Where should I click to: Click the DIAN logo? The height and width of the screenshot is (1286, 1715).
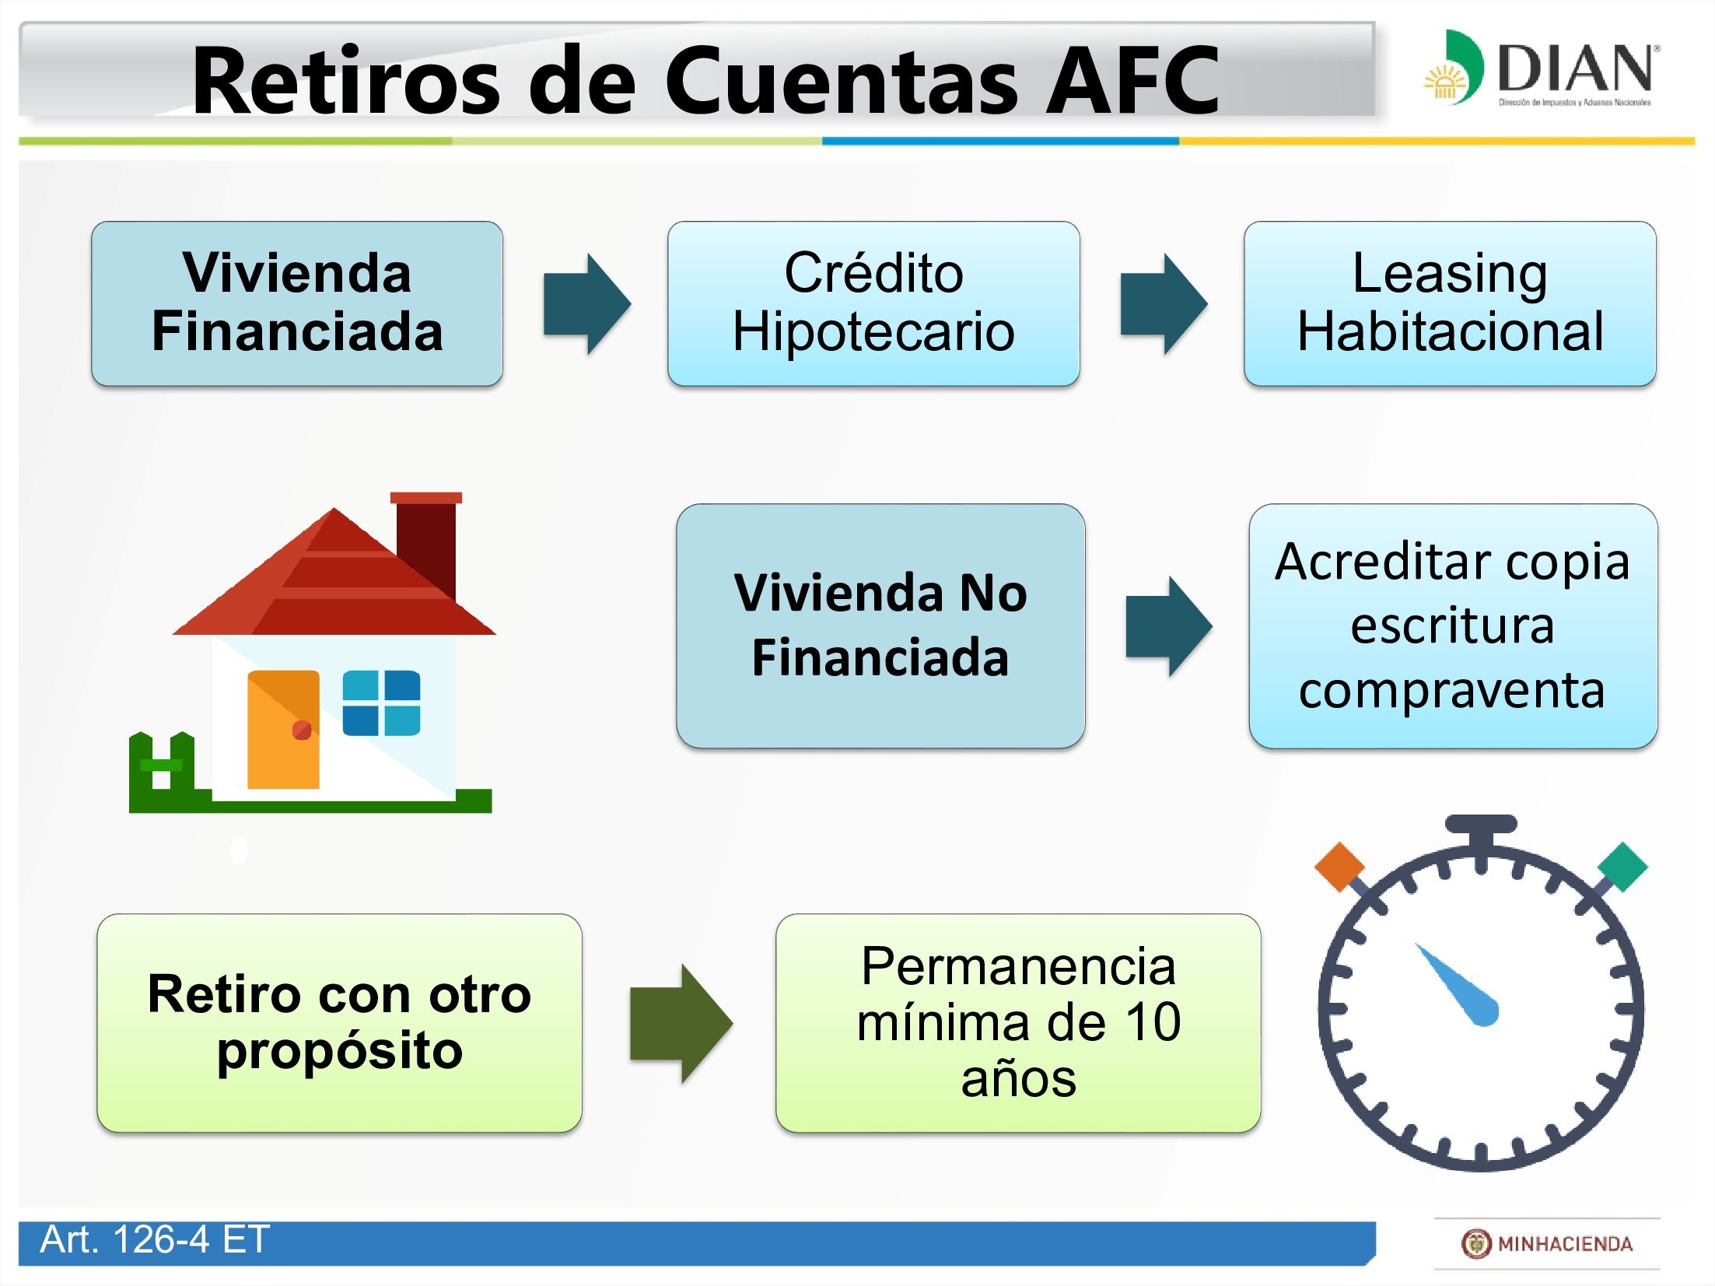point(1540,68)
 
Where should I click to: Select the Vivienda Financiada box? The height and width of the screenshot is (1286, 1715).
point(297,303)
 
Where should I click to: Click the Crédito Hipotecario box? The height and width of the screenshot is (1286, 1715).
point(873,303)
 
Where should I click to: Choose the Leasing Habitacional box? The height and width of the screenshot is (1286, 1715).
point(1449,303)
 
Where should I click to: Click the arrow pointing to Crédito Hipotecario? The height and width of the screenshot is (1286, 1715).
point(586,303)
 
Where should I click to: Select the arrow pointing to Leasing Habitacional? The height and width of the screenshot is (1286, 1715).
point(1163,303)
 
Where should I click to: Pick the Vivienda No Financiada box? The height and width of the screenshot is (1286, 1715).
point(880,625)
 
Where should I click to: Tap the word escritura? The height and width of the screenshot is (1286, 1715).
point(1452,625)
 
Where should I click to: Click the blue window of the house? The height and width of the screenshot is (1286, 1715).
point(381,703)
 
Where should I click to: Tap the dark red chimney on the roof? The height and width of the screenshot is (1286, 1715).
point(426,545)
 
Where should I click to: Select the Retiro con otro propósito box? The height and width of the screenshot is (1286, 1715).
point(339,1022)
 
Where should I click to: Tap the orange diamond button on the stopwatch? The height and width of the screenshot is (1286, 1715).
point(1339,865)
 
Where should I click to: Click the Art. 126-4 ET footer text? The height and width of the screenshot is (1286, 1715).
point(155,1239)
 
